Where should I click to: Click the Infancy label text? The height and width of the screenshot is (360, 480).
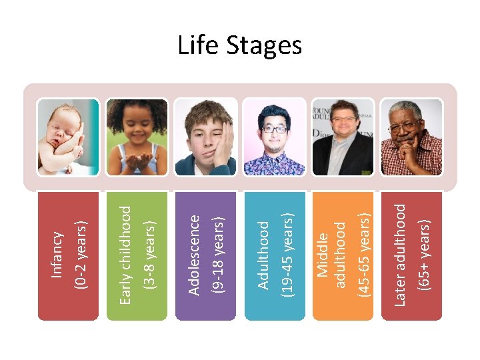coord(58,254)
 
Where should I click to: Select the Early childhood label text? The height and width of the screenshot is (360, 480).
coord(126,255)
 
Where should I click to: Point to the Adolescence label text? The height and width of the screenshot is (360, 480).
coord(195,254)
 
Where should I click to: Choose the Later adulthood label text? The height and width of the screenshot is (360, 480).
coord(401,255)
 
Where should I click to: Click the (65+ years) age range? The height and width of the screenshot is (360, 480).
coord(422,255)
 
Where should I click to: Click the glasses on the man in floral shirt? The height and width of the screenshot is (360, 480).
coord(273,129)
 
